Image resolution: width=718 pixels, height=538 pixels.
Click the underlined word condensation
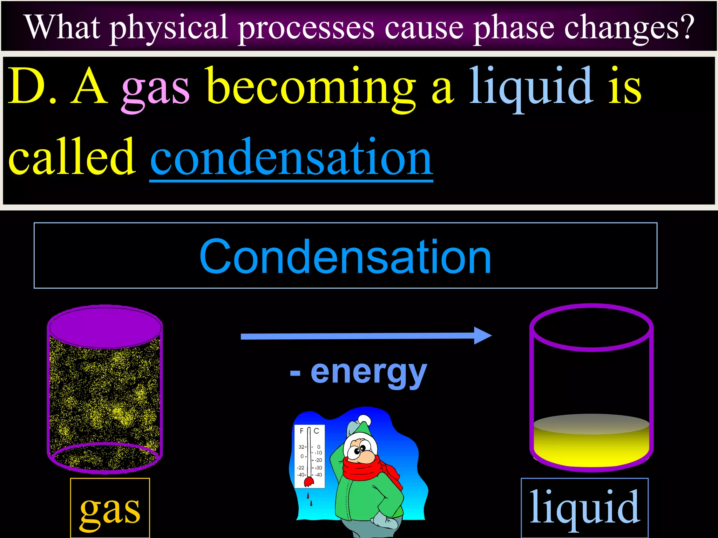click(x=291, y=158)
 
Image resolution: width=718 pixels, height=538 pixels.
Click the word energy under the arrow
click(x=368, y=372)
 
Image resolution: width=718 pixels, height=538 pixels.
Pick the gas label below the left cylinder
click(x=110, y=510)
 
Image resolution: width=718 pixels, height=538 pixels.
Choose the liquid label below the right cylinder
click(x=584, y=508)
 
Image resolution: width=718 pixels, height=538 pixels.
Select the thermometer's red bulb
click(x=308, y=482)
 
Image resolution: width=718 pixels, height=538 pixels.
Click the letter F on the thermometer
click(x=302, y=431)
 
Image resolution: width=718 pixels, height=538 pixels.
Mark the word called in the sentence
click(x=72, y=158)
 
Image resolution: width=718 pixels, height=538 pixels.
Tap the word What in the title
click(x=63, y=27)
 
